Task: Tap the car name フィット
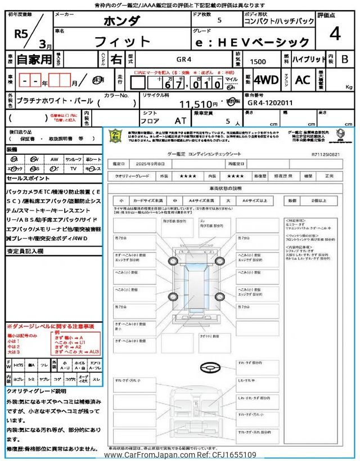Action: click(x=123, y=42)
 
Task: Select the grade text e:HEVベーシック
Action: click(x=276, y=42)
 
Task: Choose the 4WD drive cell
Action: click(x=265, y=79)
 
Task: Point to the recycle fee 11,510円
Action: click(x=197, y=104)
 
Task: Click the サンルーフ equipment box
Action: click(x=73, y=159)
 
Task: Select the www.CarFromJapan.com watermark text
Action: click(x=180, y=455)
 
